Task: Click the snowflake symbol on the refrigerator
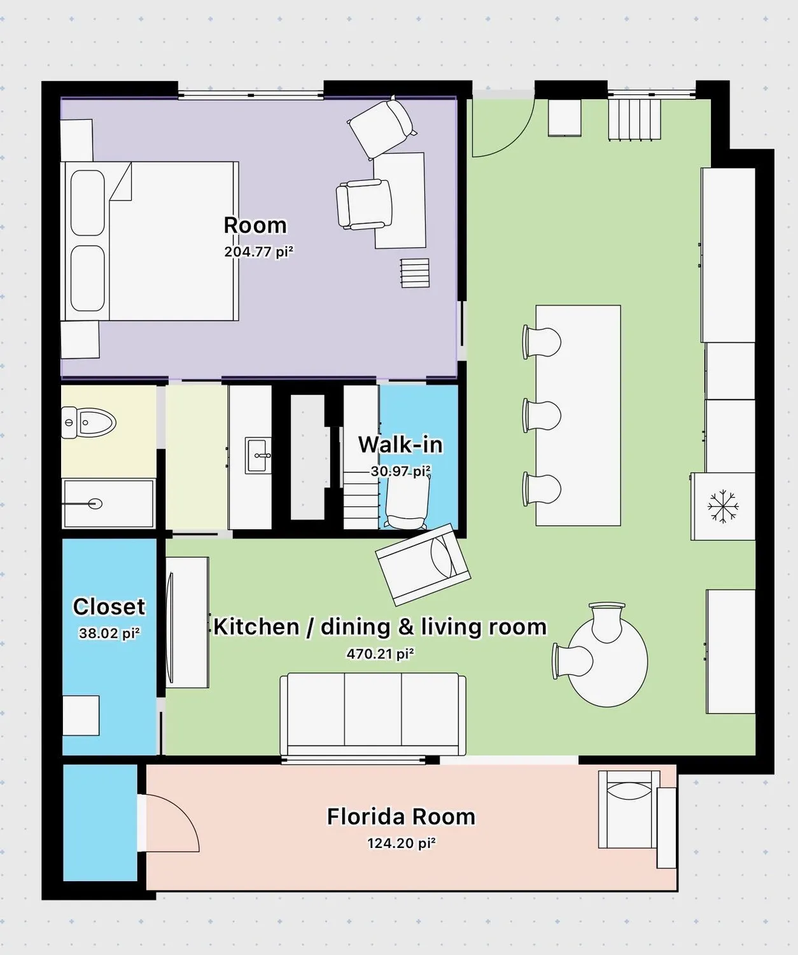click(x=724, y=507)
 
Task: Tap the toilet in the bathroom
click(x=91, y=423)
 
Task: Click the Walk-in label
click(x=400, y=444)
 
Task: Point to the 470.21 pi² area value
click(x=380, y=654)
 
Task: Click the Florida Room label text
click(x=401, y=816)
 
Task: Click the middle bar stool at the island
click(x=542, y=415)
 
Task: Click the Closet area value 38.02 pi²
click(x=109, y=633)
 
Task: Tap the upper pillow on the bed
click(x=87, y=202)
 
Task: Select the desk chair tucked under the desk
click(x=363, y=204)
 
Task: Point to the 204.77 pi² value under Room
click(x=258, y=251)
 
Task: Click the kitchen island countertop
click(x=578, y=415)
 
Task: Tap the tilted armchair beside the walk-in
click(x=423, y=564)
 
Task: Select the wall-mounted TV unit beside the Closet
click(x=187, y=622)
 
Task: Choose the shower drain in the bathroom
click(x=95, y=504)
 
